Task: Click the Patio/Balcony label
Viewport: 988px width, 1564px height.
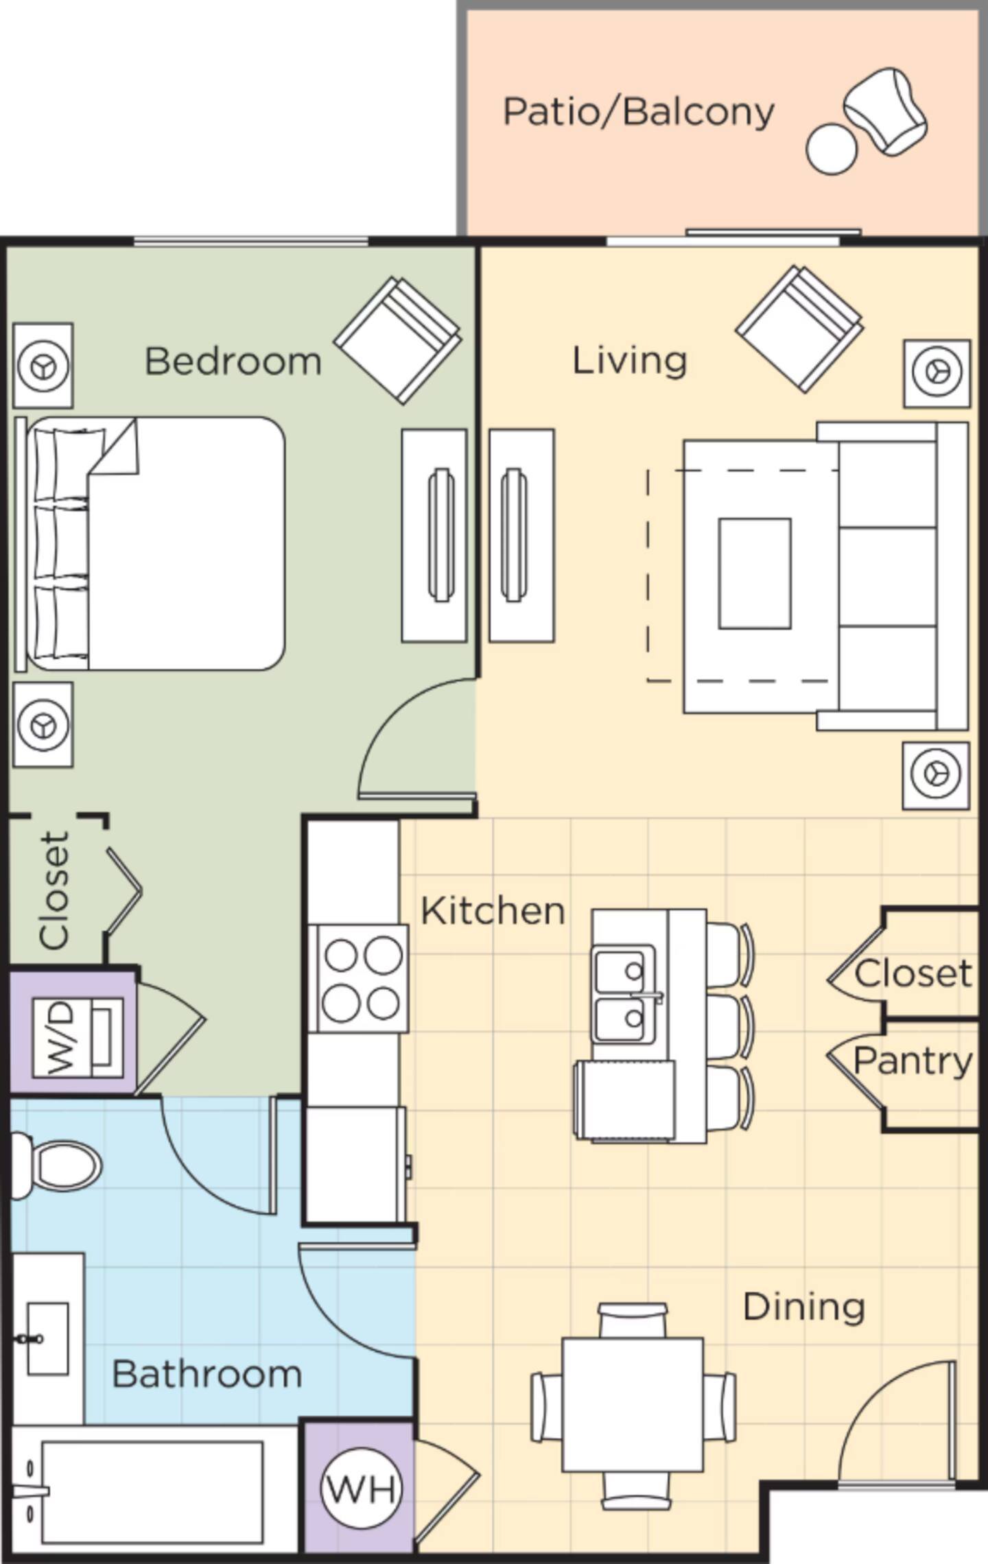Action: [x=639, y=112]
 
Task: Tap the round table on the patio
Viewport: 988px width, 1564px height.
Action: [x=832, y=149]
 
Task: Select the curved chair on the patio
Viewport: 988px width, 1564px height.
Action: [x=886, y=111]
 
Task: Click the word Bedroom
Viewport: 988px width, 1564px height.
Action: [x=233, y=361]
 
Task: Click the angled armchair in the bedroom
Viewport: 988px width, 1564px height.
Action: [x=398, y=340]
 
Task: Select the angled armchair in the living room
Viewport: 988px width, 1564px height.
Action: [x=799, y=329]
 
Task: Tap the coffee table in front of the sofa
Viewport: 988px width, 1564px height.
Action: [x=755, y=573]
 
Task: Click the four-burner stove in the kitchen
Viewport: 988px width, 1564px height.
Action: [x=358, y=978]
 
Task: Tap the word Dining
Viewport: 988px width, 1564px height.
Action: [x=803, y=1306]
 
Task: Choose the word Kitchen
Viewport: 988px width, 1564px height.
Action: [x=493, y=911]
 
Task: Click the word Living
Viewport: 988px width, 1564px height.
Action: [x=630, y=361]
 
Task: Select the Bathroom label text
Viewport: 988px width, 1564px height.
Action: [x=207, y=1374]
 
